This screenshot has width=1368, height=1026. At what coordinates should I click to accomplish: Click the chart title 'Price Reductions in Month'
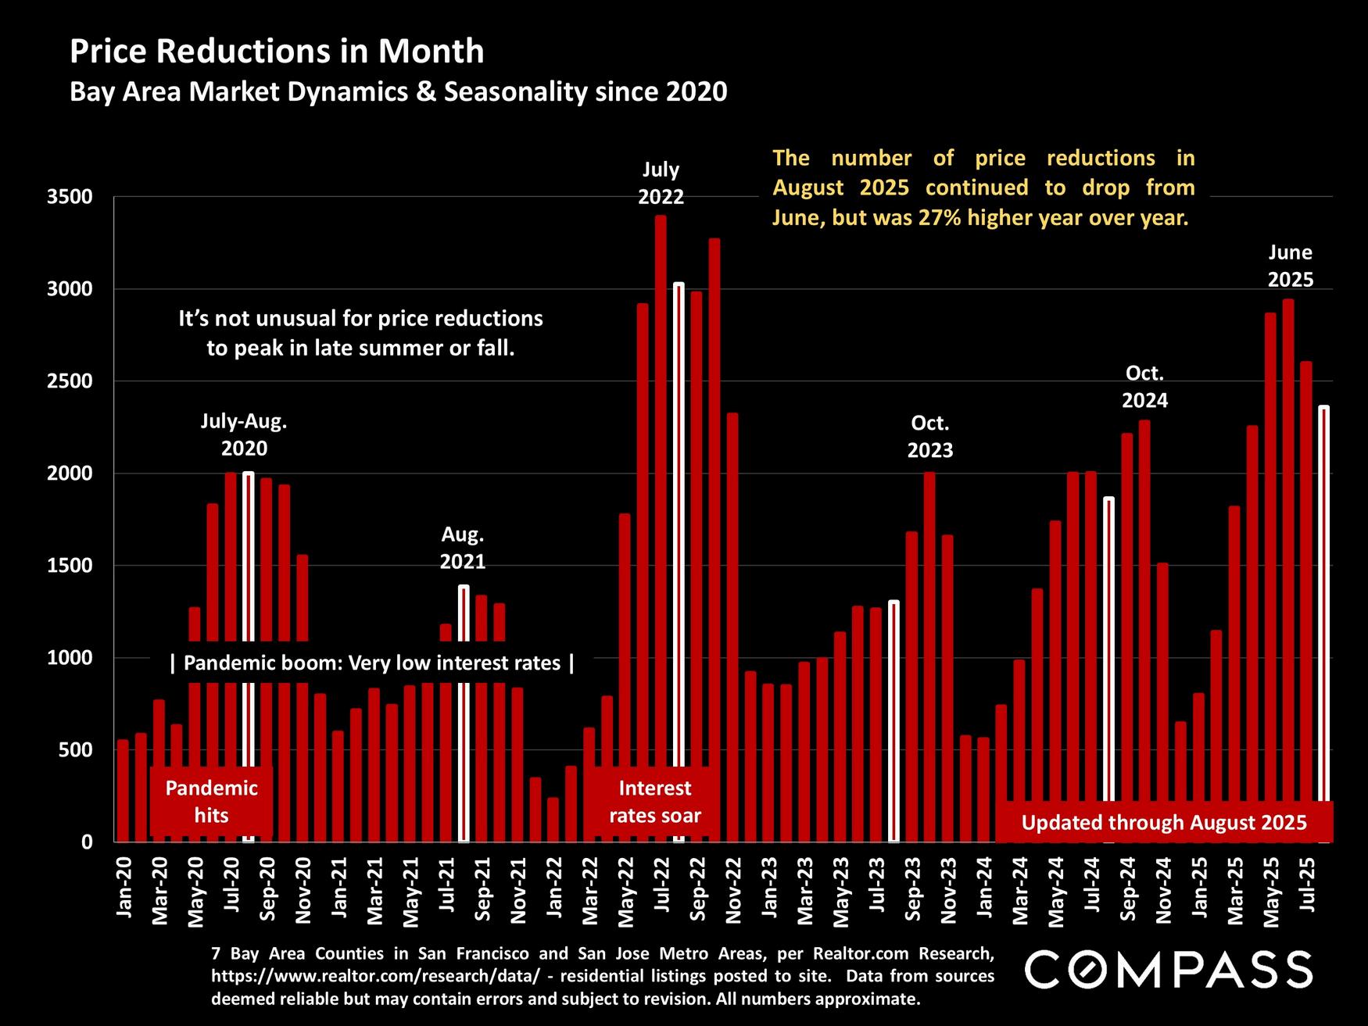point(277,52)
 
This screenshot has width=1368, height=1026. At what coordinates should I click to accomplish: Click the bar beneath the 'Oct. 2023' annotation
point(929,656)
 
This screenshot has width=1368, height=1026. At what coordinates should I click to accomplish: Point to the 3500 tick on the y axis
point(70,197)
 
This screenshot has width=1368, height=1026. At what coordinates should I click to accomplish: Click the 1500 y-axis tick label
point(70,566)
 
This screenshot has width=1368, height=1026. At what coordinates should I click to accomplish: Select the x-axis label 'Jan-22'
point(553,892)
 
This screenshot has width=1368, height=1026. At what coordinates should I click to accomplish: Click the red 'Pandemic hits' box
point(211,802)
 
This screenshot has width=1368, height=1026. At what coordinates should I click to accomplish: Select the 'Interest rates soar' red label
point(654,802)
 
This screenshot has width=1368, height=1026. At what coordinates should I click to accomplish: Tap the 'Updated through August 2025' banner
point(1163,822)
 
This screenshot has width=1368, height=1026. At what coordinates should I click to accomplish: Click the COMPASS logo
point(1168,970)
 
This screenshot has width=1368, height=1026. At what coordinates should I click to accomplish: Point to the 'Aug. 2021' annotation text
point(463,548)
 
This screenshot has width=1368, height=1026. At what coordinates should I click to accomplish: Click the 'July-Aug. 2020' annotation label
point(244,434)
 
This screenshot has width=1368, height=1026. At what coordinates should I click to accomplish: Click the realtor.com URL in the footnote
point(375,976)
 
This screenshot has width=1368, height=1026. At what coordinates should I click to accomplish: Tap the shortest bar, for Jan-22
point(553,820)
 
